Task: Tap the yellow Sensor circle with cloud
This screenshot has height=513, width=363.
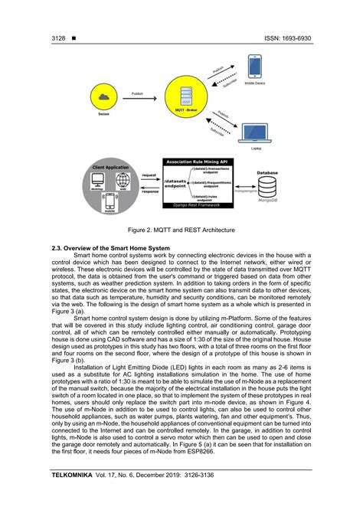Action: click(x=104, y=96)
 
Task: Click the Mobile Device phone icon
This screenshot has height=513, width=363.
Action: click(x=256, y=67)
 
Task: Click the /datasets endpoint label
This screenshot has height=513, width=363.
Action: click(x=176, y=184)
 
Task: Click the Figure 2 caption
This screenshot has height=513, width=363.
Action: click(x=181, y=228)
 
